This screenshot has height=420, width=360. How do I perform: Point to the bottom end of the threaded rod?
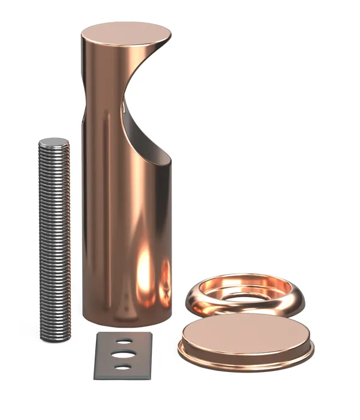pyautogui.click(x=56, y=337)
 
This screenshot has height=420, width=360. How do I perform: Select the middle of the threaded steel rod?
pyautogui.click(x=55, y=240)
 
